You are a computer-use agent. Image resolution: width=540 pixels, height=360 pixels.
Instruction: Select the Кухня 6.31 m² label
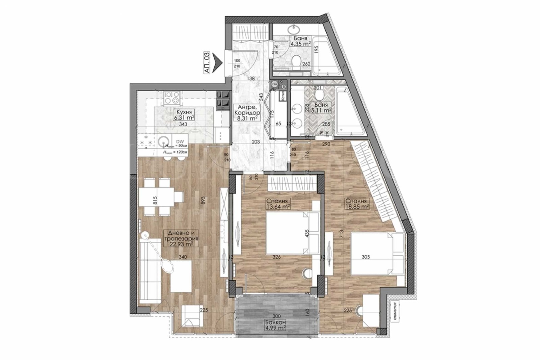(x=183, y=115)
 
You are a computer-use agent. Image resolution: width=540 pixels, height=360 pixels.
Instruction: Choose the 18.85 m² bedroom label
(x=356, y=204)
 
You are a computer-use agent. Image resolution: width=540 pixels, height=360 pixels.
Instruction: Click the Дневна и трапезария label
(x=181, y=238)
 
